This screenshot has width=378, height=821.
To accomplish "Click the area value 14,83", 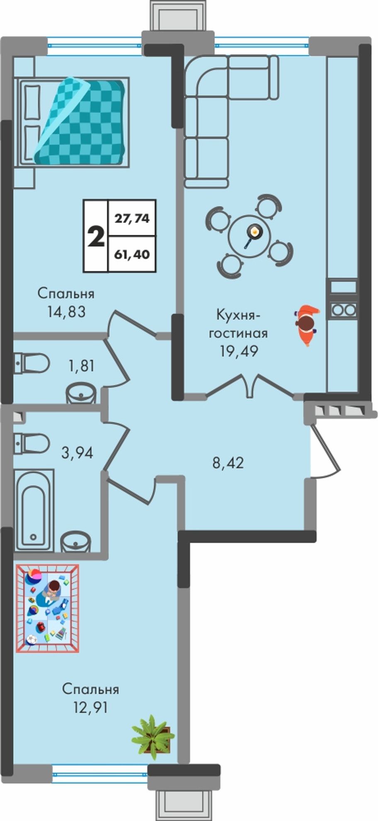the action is [66, 311].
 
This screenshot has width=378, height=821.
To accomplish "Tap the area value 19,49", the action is [239, 351].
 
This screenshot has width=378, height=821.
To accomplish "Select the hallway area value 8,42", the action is [228, 463].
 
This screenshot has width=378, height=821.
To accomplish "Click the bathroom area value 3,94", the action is [77, 452].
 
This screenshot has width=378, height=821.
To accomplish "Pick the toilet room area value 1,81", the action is [82, 366].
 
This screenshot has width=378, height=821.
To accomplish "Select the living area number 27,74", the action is [132, 218].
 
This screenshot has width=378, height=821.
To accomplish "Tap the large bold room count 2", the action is [96, 237].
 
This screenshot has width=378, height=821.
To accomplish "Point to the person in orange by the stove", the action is [307, 325].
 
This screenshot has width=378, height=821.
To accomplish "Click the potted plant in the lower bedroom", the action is [153, 738].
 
